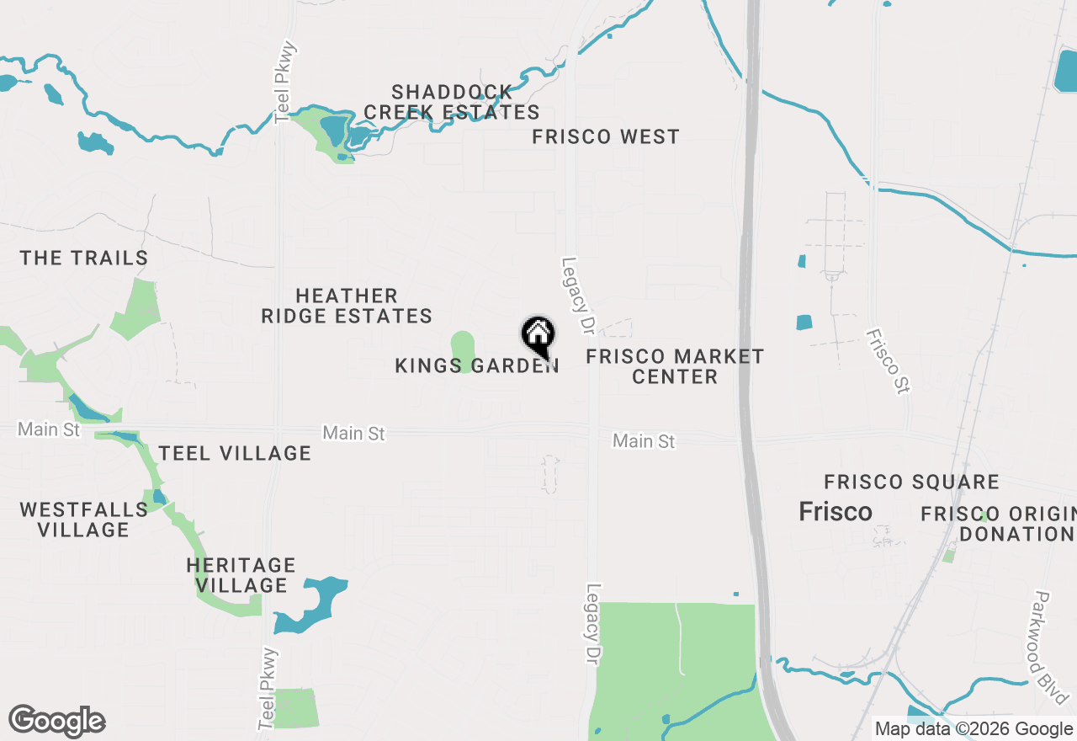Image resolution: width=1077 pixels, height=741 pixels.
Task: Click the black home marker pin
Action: click(x=538, y=336)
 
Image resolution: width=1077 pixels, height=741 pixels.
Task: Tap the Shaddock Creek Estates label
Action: click(x=452, y=102)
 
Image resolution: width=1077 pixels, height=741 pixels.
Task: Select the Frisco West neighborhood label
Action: click(x=606, y=136)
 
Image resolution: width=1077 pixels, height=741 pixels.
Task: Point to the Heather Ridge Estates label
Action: click(x=347, y=306)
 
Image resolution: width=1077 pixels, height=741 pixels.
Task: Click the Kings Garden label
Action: click(x=476, y=366)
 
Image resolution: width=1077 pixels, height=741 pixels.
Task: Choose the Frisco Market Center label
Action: click(x=675, y=366)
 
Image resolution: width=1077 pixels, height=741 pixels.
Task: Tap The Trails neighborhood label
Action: click(x=84, y=258)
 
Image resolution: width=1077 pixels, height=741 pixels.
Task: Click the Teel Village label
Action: click(x=235, y=453)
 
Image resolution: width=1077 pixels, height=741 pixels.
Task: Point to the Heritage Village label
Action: click(x=241, y=574)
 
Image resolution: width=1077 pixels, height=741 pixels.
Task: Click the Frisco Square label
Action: click(x=911, y=482)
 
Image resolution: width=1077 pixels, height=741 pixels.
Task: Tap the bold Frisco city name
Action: click(x=836, y=512)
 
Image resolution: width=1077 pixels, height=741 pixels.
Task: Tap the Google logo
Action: click(x=57, y=722)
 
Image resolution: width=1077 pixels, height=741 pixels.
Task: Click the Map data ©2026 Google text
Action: click(x=974, y=729)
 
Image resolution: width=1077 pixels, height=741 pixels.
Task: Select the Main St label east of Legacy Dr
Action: click(x=644, y=440)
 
